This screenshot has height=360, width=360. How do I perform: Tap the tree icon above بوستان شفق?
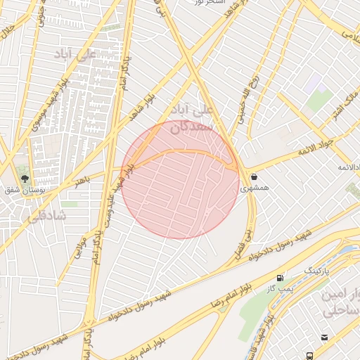[x=25, y=180]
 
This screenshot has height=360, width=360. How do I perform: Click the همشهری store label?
[x=254, y=188]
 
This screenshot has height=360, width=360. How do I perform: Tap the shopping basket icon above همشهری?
[x=253, y=176]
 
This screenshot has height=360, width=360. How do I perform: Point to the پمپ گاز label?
[x=280, y=288]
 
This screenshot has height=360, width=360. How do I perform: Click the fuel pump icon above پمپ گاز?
[x=281, y=277]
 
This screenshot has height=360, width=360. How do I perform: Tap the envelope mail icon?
[x=324, y=337]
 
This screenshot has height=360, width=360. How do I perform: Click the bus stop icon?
[x=309, y=356]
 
